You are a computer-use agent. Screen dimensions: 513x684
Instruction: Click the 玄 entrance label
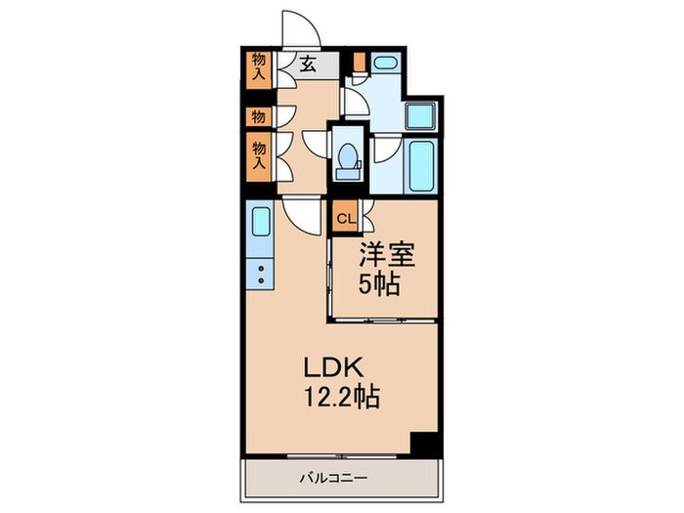click(307, 64)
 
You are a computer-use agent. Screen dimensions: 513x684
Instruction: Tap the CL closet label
click(346, 218)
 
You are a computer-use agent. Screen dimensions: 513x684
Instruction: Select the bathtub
click(421, 166)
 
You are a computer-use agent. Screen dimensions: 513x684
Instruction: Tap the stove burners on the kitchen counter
click(261, 274)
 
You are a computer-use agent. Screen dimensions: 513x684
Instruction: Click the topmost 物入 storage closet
click(259, 67)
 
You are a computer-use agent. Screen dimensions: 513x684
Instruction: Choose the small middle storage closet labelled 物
click(258, 117)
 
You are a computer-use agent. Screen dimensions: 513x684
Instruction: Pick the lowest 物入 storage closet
click(259, 157)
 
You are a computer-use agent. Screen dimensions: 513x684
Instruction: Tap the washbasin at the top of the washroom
click(386, 64)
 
